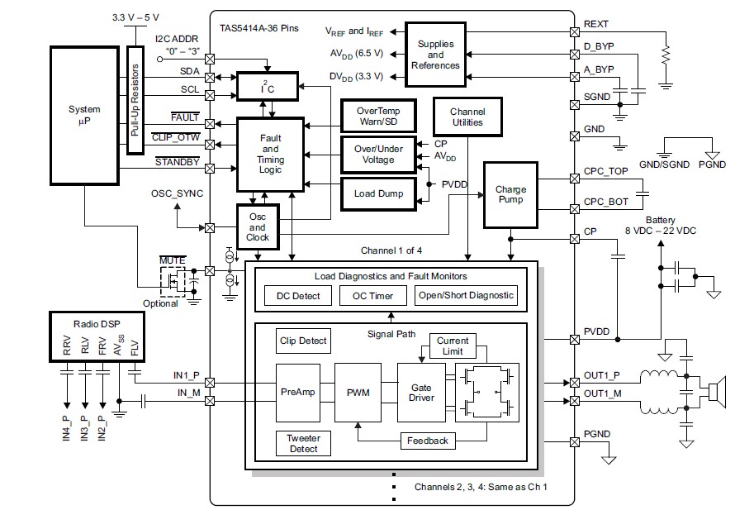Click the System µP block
tap(84, 115)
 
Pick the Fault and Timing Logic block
tap(270, 155)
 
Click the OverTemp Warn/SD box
tap(377, 116)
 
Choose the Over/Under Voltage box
tap(377, 154)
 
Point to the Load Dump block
tap(377, 193)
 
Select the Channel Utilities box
tap(467, 117)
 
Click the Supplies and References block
tap(435, 55)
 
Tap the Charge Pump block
tap(510, 194)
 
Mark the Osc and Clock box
tap(258, 226)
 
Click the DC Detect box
tap(298, 295)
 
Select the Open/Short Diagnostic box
tap(464, 295)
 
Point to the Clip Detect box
tap(302, 340)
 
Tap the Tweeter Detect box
tap(302, 443)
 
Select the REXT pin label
tap(596, 25)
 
